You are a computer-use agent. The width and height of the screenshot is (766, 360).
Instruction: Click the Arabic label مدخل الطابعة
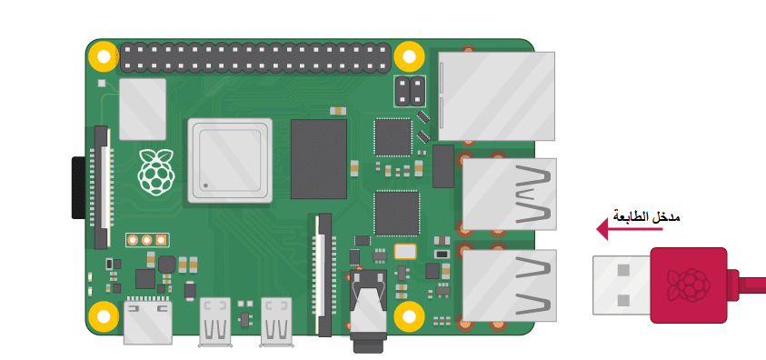pyautogui.click(x=646, y=216)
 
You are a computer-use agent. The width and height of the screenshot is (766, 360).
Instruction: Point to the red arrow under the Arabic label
pyautogui.click(x=630, y=228)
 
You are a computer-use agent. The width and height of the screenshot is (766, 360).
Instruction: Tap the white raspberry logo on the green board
pyautogui.click(x=156, y=172)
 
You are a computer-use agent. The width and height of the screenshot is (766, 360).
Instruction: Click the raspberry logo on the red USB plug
pyautogui.click(x=689, y=285)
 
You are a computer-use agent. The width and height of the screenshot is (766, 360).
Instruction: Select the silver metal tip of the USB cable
pyautogui.click(x=622, y=285)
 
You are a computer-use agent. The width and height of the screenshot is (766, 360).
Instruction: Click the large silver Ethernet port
pyautogui.click(x=496, y=96)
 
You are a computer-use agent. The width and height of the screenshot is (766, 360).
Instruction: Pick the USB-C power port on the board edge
pyautogui.click(x=148, y=322)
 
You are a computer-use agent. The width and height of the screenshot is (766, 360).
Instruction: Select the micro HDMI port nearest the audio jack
pyautogui.click(x=276, y=322)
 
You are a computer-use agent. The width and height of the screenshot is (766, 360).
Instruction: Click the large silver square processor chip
pyautogui.click(x=230, y=160)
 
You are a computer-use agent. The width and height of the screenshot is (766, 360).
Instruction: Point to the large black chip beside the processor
pyautogui.click(x=319, y=159)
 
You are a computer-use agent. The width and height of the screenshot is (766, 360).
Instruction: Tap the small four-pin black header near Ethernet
pyautogui.click(x=410, y=91)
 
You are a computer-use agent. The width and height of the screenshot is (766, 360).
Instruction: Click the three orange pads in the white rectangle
pyautogui.click(x=147, y=240)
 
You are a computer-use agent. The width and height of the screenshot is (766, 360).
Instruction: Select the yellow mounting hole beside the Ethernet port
pyautogui.click(x=408, y=56)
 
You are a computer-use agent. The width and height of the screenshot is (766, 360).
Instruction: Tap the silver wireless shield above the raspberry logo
pyautogui.click(x=143, y=109)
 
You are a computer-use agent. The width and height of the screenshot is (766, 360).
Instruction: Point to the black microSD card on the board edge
pyautogui.click(x=78, y=187)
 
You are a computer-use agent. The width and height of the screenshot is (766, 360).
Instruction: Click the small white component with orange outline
pyautogui.click(x=405, y=252)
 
